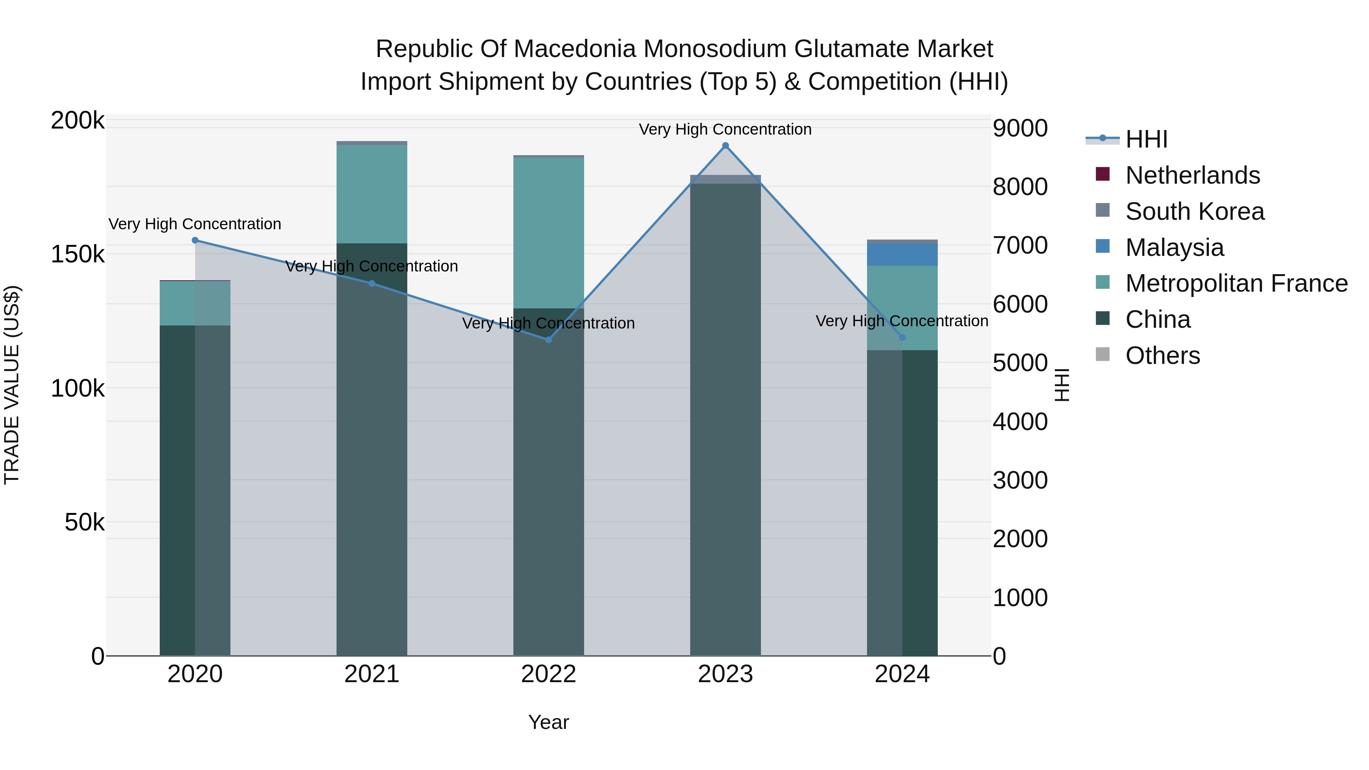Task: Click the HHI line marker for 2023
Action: [726, 146]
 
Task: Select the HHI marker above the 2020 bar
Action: [195, 240]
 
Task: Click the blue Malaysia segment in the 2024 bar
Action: [902, 254]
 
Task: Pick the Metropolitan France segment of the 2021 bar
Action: [372, 194]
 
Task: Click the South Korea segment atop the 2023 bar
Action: [726, 179]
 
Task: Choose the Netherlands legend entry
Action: [1192, 175]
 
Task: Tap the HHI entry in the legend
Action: [1146, 139]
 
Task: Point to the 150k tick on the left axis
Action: [78, 254]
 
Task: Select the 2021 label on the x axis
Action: [372, 674]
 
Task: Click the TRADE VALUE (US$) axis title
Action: [12, 385]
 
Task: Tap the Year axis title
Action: [548, 722]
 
